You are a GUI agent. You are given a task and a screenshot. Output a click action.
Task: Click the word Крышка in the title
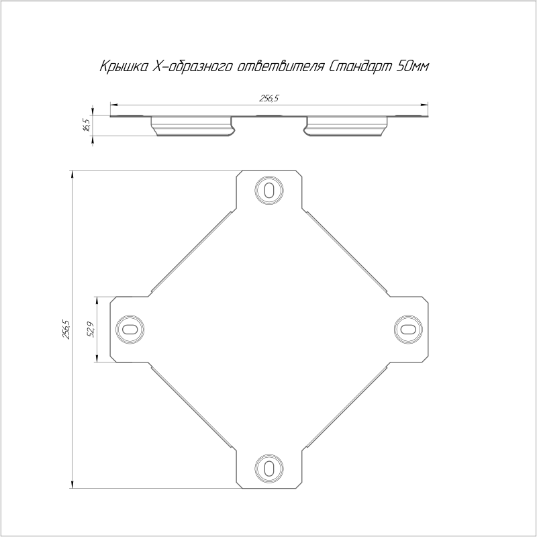[x=124, y=66]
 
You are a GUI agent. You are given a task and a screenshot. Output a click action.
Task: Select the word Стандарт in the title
[x=360, y=66]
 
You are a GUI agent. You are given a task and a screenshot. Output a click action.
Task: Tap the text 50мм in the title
[x=412, y=66]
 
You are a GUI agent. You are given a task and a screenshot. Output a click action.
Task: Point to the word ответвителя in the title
[x=280, y=66]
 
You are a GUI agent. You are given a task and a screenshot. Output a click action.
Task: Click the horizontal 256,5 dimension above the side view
[x=269, y=99]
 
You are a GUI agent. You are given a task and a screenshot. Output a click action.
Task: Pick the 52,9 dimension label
[x=91, y=330]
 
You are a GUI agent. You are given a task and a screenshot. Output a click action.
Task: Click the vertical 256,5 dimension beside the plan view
[x=66, y=330]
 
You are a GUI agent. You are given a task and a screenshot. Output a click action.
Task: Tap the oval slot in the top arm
[x=269, y=190]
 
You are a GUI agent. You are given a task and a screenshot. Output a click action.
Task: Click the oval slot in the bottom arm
[x=269, y=468]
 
